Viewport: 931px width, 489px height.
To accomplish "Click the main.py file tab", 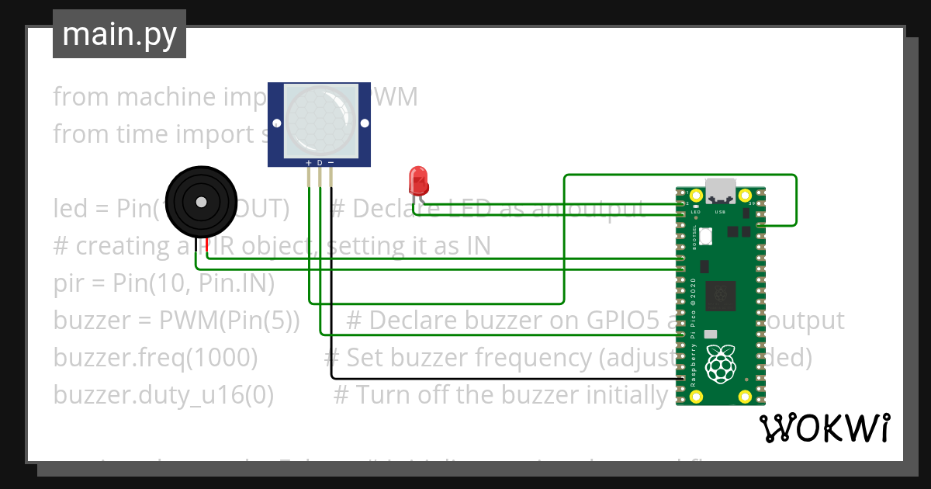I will pos(119,34).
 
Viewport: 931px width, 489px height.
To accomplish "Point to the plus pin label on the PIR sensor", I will pos(309,162).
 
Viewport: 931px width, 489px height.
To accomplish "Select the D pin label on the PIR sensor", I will pos(320,162).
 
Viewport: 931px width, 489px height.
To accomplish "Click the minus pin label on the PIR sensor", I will pos(331,162).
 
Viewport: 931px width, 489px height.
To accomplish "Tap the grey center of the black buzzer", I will pos(201,203).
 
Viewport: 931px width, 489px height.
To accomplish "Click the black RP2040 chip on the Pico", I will pos(720,294).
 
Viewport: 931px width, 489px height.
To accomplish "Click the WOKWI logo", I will pos(824,428).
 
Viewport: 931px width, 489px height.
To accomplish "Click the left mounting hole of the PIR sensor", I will pos(276,122).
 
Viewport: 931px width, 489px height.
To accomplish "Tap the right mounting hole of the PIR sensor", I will pos(362,122).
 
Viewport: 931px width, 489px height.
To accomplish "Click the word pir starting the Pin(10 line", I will pos(70,284).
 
